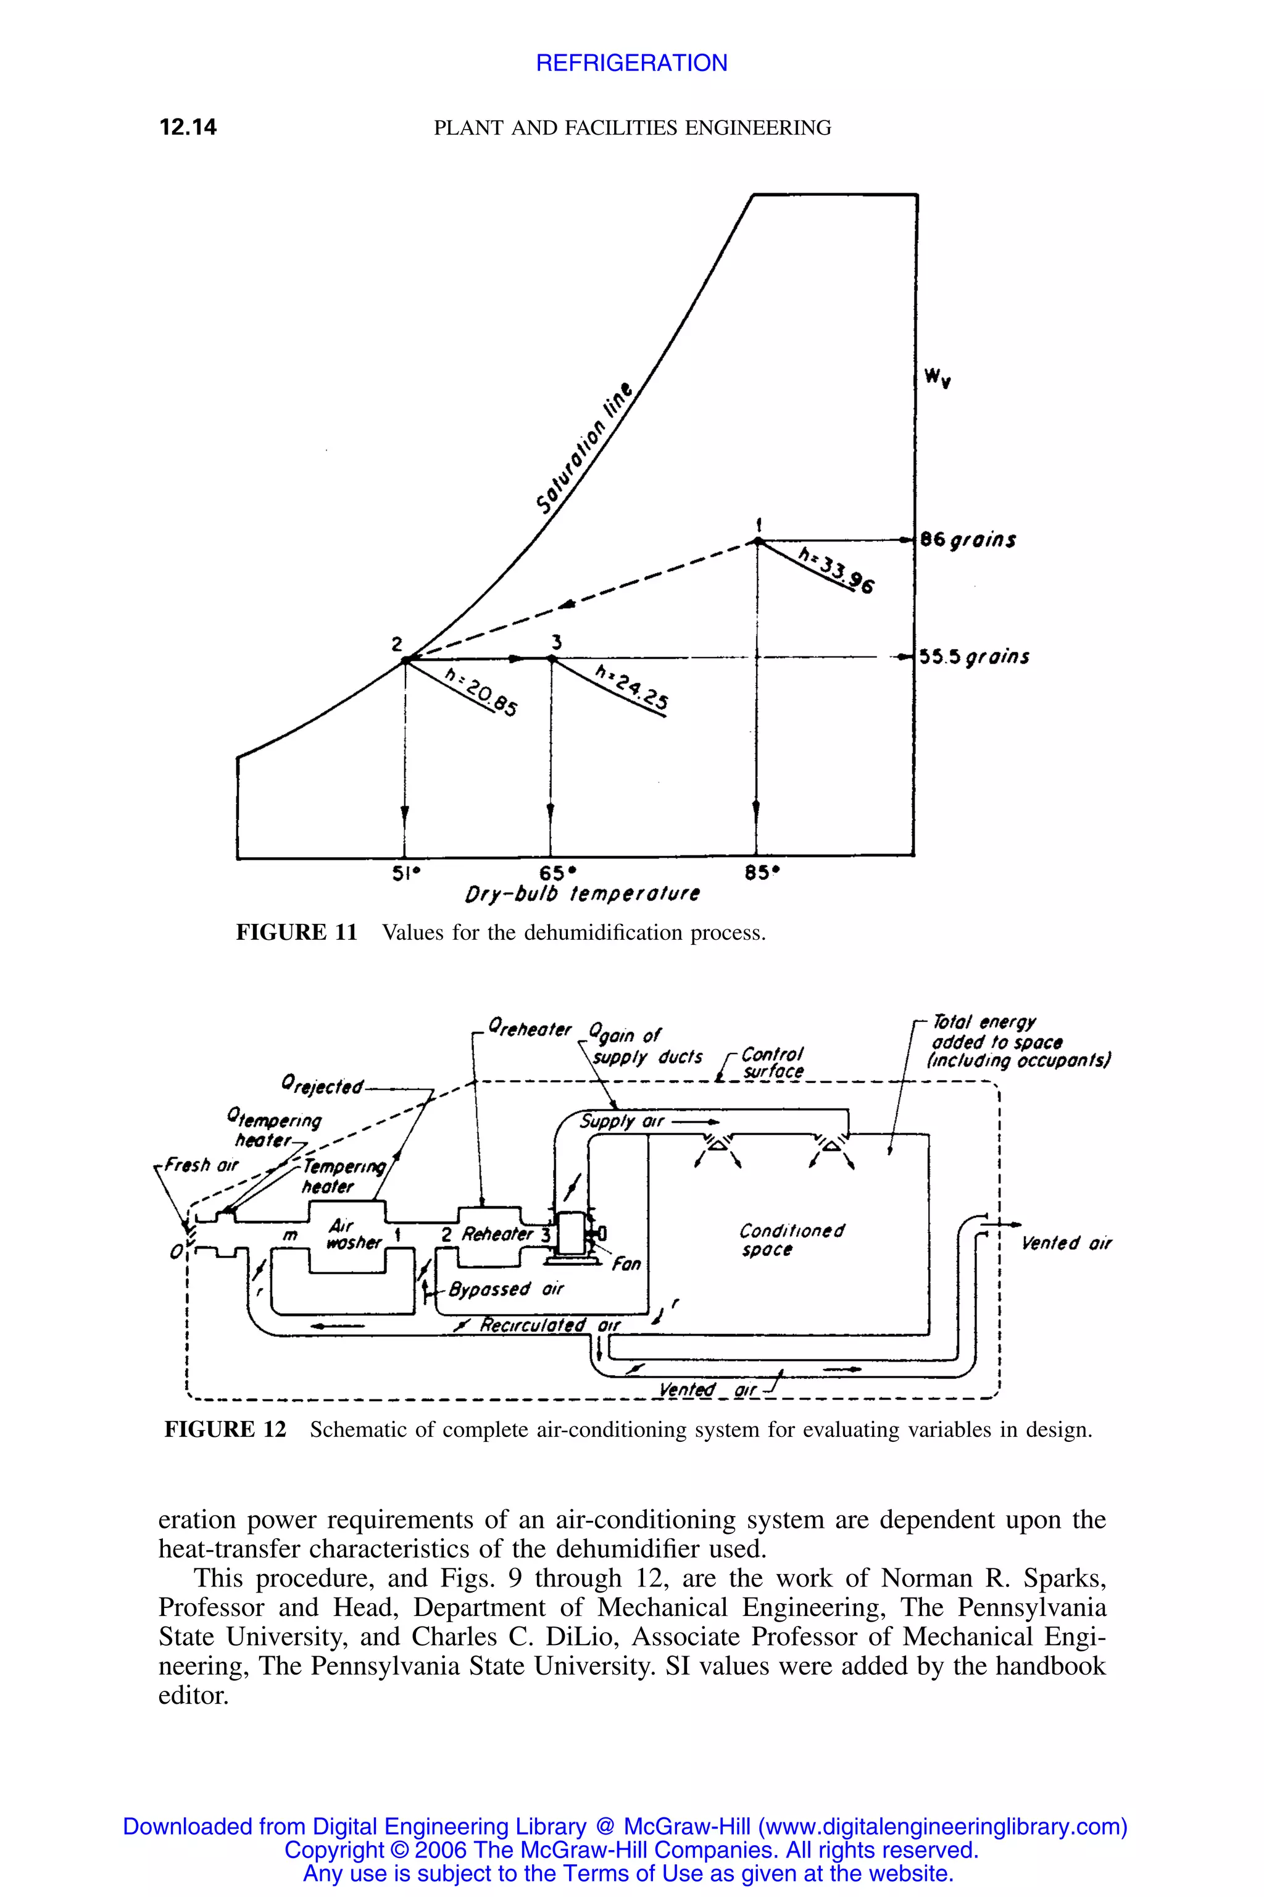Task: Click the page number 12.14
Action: coord(188,127)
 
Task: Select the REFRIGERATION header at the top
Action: coord(631,63)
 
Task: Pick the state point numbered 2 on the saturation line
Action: coord(405,660)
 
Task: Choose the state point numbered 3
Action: coord(552,659)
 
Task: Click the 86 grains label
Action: coord(967,540)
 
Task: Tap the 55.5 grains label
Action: coord(974,656)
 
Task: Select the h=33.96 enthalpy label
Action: coord(836,569)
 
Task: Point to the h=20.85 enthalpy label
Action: coord(482,693)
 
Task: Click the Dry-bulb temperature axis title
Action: coord(582,894)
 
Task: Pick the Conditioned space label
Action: coord(792,1241)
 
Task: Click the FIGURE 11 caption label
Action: coord(296,932)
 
